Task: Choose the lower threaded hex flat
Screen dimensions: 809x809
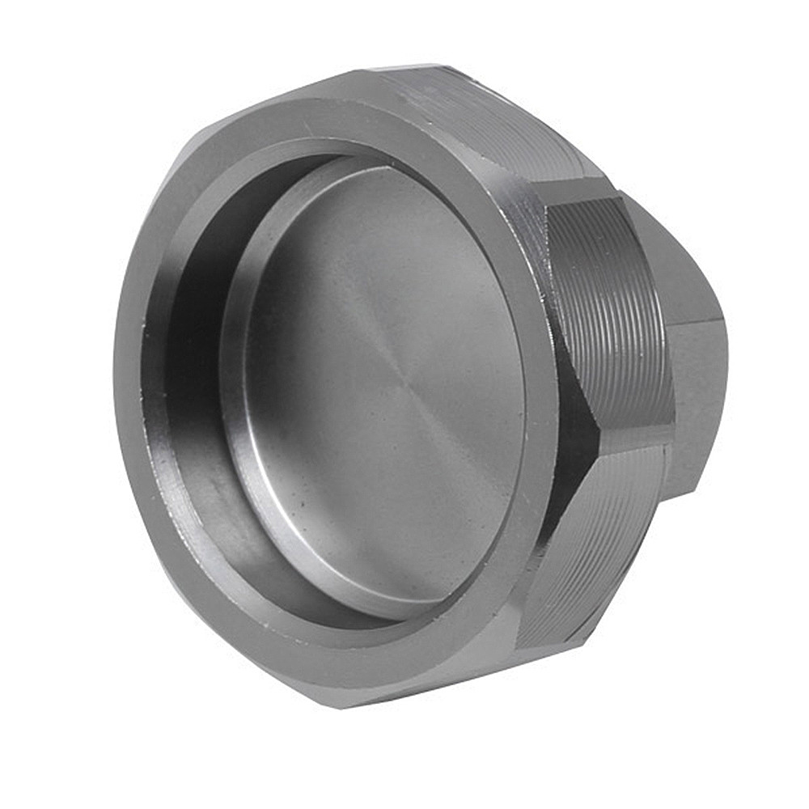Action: pos(599,542)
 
